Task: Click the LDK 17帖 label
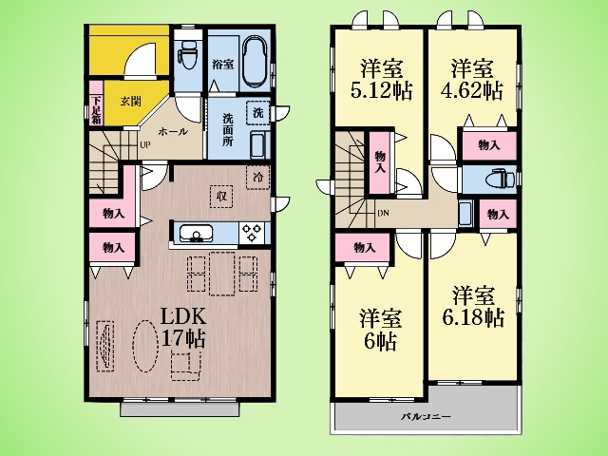tap(183, 328)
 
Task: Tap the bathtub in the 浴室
tap(256, 64)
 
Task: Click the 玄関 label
tap(130, 102)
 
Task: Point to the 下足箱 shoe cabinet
tap(96, 103)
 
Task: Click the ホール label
tap(173, 132)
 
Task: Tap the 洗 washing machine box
tap(257, 113)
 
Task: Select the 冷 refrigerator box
tap(257, 178)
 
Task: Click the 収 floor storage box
tap(221, 197)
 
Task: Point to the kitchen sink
tap(196, 234)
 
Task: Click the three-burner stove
tap(252, 233)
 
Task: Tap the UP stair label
tap(144, 145)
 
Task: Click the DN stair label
tap(383, 213)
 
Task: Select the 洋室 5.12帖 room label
tap(381, 80)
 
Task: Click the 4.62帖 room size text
tap(471, 91)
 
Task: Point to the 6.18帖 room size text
tap(473, 317)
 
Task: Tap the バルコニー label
tap(426, 417)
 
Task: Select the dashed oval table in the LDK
tap(145, 346)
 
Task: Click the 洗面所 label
tap(228, 129)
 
